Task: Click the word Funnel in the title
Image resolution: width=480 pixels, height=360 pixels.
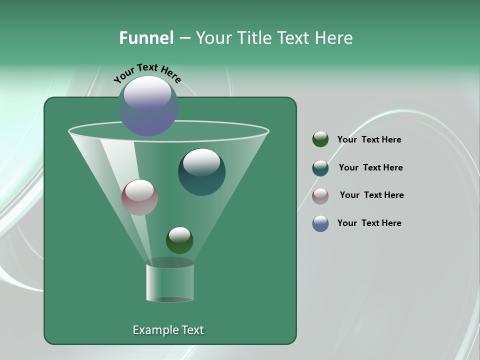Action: click(x=146, y=38)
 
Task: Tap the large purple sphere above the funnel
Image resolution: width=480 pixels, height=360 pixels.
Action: click(x=148, y=105)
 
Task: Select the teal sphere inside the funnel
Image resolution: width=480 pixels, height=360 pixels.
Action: click(x=202, y=172)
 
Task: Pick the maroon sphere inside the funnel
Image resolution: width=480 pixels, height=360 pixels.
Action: click(x=140, y=197)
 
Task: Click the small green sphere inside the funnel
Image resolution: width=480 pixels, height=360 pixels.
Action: click(x=179, y=240)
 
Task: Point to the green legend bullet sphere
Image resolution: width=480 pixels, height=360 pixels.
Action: click(x=320, y=139)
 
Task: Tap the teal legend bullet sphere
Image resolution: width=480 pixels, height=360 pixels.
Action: click(x=320, y=168)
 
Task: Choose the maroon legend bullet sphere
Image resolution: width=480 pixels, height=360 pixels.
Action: click(x=320, y=196)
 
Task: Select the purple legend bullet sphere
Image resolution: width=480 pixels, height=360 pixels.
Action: click(x=320, y=223)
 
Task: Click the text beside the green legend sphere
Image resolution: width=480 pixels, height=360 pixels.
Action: click(x=369, y=139)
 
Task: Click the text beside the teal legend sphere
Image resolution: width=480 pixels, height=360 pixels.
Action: click(x=370, y=167)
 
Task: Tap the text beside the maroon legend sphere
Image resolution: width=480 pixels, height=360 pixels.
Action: click(x=371, y=195)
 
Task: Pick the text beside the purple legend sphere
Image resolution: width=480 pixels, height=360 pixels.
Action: click(x=369, y=223)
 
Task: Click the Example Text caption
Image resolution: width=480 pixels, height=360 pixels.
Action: click(x=168, y=330)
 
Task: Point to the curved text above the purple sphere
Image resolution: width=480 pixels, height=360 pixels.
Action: click(x=147, y=72)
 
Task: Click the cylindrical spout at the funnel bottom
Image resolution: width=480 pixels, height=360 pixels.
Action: click(x=170, y=282)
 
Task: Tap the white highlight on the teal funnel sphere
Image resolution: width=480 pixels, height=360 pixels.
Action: click(x=201, y=162)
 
